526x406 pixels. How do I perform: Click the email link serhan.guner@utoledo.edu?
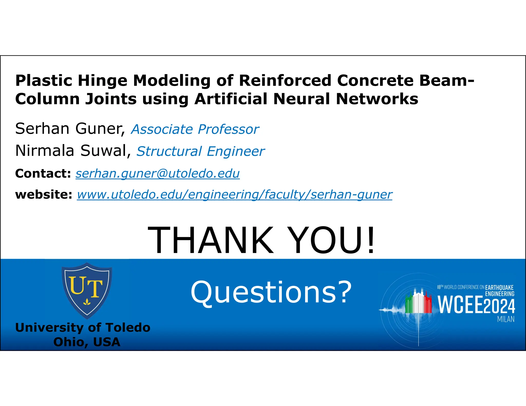157,173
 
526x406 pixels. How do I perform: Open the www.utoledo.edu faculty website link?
234,195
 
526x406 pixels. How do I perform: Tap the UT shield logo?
87,290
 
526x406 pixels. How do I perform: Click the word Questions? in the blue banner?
271,292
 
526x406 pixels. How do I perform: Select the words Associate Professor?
195,129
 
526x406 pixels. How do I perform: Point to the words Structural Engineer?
200,151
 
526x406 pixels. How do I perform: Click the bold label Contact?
43,173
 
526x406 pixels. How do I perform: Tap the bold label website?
44,195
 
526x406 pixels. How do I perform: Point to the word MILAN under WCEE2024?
506,319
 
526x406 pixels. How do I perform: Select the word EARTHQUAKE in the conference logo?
499,287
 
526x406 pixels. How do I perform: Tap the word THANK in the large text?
211,240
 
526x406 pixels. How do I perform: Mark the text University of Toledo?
83,328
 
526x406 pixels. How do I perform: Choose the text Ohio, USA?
87,342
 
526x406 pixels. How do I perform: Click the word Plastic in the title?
44,81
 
